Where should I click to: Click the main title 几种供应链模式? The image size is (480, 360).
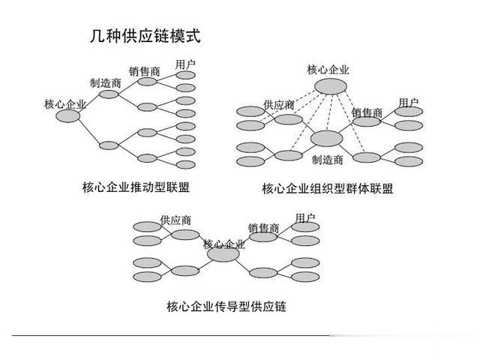pos(145,36)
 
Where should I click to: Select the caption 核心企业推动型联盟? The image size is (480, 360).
pos(136,187)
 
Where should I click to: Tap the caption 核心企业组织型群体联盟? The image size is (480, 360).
pos(328,188)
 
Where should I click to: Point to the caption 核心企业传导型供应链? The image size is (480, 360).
pos(226,306)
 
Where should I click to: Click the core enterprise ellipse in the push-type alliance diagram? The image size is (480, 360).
pos(68,116)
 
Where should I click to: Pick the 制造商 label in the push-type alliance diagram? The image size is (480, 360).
pos(105,83)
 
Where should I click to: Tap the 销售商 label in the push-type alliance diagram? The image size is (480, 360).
pos(145,72)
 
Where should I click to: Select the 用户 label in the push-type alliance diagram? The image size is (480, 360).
pos(185,64)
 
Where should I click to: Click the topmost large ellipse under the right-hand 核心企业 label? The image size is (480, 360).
pos(331,86)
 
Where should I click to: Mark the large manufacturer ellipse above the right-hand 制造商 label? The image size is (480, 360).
pos(327,138)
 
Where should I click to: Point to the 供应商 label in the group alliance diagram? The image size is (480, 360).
pos(279,105)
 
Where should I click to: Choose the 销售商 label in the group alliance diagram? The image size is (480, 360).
pos(367,112)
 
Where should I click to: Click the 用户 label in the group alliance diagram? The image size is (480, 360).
pos(409,103)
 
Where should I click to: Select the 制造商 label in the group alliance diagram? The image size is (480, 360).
pos(328,160)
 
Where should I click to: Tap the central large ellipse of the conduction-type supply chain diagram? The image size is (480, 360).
pos(223,254)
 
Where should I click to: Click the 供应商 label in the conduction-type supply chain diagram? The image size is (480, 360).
pos(175,220)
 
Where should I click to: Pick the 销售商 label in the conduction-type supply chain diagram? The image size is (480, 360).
pos(264,228)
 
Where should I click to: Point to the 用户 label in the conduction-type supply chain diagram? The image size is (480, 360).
pos(305,218)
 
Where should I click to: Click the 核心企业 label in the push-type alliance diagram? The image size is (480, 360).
pos(65,104)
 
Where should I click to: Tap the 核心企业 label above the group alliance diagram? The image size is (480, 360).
pos(328,70)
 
